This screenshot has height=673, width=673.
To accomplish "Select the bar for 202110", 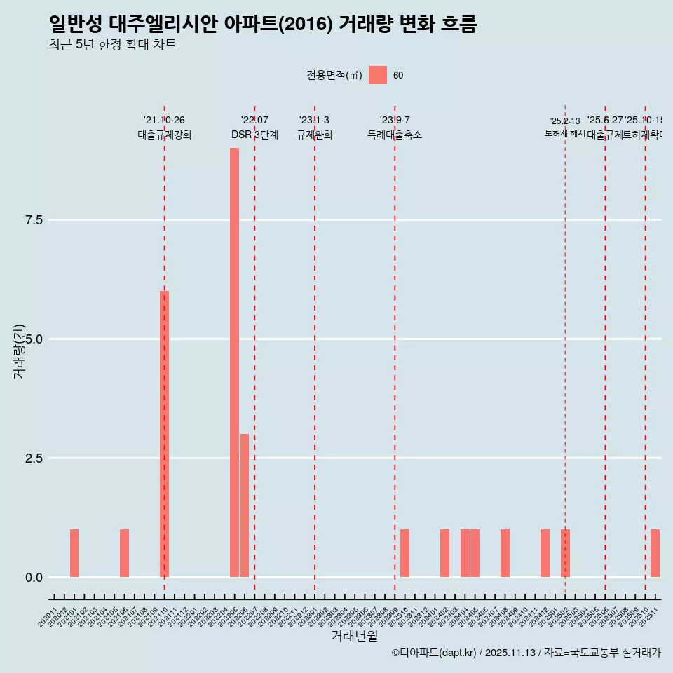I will [x=164, y=434].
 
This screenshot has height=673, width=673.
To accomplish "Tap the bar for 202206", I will [x=244, y=505].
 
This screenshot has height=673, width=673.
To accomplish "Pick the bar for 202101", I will [x=74, y=553].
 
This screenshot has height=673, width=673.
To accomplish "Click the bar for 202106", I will [x=124, y=553].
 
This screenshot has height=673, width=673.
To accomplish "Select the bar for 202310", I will [x=405, y=553].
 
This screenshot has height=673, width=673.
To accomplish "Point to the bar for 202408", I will [x=505, y=553].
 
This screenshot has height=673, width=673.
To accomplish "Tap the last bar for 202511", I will [x=655, y=553].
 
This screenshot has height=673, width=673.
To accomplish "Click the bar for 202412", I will [x=545, y=553].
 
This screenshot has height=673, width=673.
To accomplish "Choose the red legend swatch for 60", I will [x=378, y=75].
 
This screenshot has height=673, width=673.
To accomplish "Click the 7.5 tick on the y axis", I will [x=34, y=220].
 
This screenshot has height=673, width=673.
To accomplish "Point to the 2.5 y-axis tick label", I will [x=34, y=458].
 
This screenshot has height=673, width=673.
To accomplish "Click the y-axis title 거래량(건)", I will [x=20, y=351].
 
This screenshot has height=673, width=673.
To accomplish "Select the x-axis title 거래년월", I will [x=354, y=637].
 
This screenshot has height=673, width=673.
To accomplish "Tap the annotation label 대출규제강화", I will [x=164, y=135].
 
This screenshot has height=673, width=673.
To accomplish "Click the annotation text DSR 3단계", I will [x=254, y=135].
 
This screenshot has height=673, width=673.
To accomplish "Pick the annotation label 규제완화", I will [x=314, y=135].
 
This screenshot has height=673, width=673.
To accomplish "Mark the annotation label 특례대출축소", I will [x=395, y=135].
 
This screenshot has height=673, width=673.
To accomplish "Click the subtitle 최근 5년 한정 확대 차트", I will [x=112, y=45].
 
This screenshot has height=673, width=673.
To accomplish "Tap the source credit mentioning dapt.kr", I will [x=526, y=653].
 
